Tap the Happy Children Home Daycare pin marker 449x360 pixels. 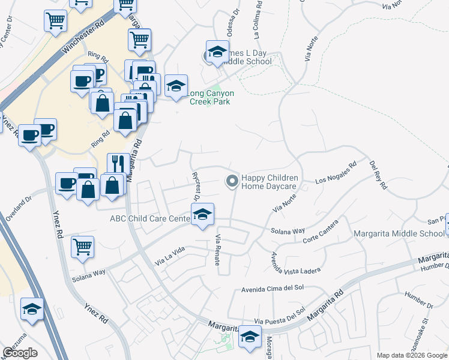(x=231, y=181)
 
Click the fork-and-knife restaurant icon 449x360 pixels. (x=116, y=164)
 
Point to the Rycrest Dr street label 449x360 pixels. (x=195, y=186)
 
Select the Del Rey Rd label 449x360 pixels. (x=378, y=175)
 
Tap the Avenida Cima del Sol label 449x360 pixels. (x=272, y=287)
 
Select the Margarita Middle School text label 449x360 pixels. (x=399, y=233)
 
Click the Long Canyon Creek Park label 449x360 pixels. (x=211, y=98)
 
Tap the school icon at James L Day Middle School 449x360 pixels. (x=217, y=52)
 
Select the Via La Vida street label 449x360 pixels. (x=170, y=257)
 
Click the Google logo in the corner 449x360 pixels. (x=20, y=353)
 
